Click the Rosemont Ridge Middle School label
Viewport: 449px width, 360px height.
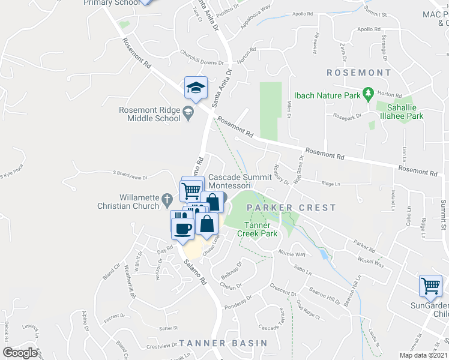point(149,114)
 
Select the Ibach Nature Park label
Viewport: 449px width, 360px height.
point(327,95)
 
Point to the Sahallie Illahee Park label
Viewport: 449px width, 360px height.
point(400,112)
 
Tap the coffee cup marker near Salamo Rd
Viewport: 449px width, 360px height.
point(183,227)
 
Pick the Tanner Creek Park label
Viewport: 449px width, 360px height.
point(259,228)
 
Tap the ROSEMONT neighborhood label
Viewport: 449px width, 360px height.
point(358,73)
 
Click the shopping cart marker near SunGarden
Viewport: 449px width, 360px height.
point(430,287)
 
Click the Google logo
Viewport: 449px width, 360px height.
point(20,353)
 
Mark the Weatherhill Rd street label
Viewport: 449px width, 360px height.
point(128,281)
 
